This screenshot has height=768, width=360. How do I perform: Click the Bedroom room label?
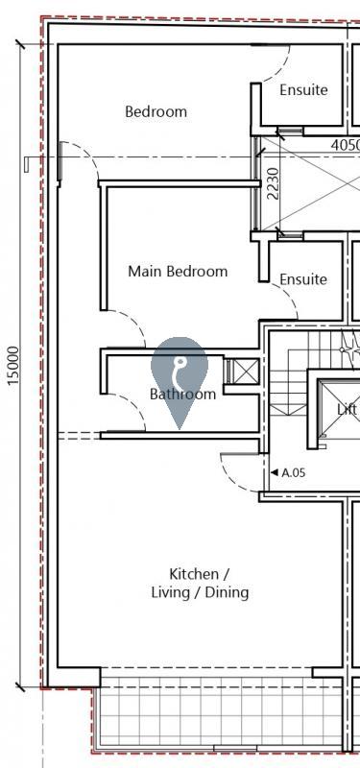point(156,111)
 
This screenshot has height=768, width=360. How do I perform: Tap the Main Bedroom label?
point(178,272)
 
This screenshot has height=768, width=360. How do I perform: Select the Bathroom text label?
point(182,395)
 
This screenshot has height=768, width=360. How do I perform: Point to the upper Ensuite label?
point(303,90)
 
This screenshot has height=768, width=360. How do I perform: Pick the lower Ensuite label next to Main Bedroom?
point(303,279)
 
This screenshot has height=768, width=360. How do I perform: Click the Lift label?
point(348,409)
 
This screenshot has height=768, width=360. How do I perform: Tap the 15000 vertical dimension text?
point(12,366)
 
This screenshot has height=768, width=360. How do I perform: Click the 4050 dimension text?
point(345,145)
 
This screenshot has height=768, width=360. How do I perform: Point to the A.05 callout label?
point(293,472)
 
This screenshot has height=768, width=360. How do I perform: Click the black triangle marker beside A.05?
point(274,472)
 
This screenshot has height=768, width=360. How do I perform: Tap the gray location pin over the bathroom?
point(179,374)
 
